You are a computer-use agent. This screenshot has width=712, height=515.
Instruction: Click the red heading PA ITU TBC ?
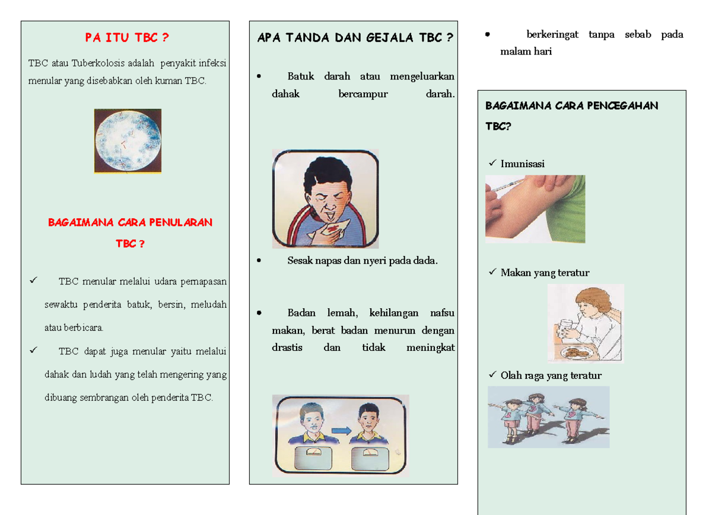point(126,38)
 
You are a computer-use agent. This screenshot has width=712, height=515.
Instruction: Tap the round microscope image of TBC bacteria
point(128,140)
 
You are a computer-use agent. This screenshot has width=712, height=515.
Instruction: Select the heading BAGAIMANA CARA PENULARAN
point(130,223)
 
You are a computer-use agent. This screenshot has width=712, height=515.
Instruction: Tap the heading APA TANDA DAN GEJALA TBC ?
point(355,38)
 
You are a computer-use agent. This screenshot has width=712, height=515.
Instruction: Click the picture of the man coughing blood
point(325,198)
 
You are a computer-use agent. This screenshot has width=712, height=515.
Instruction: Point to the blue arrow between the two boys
point(341,431)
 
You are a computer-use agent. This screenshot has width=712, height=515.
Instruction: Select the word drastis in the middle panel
point(287,348)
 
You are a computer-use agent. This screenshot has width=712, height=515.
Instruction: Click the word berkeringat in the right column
point(552,34)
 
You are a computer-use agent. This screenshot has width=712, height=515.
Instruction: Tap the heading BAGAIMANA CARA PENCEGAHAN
point(571,106)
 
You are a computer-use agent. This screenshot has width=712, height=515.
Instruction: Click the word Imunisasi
point(522,164)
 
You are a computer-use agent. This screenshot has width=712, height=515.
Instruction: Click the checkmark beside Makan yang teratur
point(492,272)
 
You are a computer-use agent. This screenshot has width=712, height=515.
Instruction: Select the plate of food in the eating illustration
point(575,352)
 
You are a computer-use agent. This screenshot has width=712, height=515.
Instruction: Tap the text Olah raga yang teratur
point(551,375)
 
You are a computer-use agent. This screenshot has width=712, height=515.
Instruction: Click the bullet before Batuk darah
point(259,76)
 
